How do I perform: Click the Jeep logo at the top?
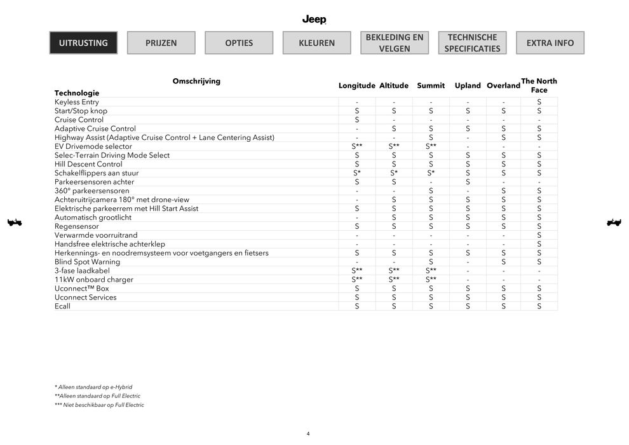[314, 20]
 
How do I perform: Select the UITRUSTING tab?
[83, 43]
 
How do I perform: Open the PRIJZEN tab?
[161, 43]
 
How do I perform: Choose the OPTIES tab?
[239, 43]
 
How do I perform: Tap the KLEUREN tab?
[316, 43]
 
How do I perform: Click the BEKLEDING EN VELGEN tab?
[395, 43]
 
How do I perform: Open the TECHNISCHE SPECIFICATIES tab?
[472, 43]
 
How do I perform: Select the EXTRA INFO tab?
[550, 43]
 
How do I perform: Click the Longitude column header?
[356, 86]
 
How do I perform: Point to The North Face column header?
[539, 85]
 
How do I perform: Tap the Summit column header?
[431, 86]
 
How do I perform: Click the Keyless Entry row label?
[77, 102]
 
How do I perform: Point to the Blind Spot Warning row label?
[87, 262]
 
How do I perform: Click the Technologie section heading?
[77, 93]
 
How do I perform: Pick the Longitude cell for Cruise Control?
[357, 120]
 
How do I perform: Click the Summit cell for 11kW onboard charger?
[431, 280]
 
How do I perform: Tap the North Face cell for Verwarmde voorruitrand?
[539, 235]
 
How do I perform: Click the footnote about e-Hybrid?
[93, 387]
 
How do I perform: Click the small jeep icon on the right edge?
[614, 222]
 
